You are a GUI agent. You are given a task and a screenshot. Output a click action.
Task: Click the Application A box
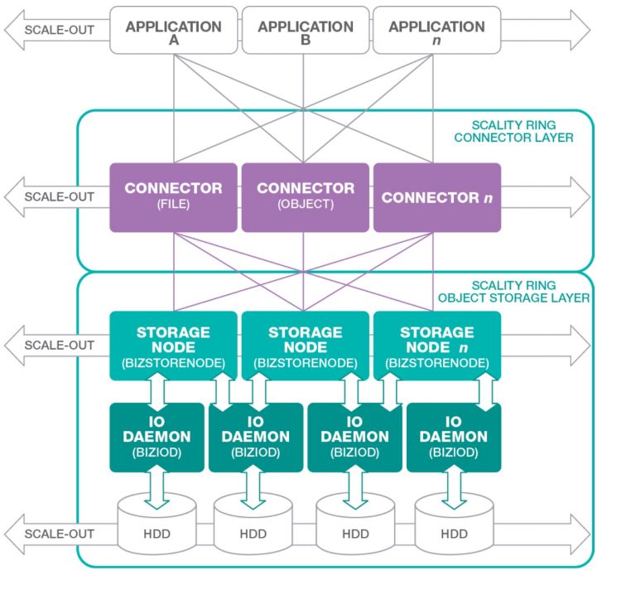coord(173,31)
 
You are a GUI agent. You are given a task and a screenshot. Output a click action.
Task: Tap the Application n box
coord(436,31)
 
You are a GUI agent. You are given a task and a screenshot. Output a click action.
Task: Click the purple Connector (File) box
coord(173,196)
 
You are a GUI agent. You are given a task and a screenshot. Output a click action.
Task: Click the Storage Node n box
coord(436,346)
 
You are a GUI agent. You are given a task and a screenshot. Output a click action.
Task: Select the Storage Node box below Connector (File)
coord(173,346)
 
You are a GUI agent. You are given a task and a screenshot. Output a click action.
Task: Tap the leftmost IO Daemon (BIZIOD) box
coord(157,437)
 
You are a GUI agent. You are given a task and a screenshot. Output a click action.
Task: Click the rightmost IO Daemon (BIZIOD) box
coord(454,437)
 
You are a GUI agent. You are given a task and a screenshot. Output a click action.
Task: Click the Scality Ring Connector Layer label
coord(513,131)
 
